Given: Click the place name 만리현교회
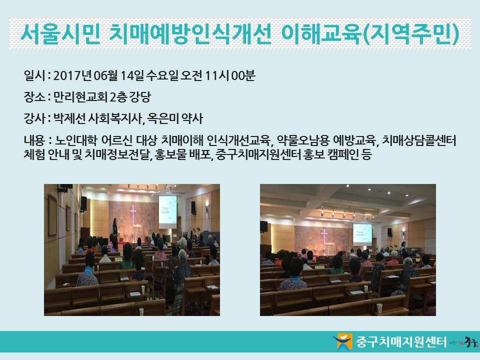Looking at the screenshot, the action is coord(80,97).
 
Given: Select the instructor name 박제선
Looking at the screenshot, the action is coord(69,118).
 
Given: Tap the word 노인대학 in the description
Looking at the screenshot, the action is coord(76,140).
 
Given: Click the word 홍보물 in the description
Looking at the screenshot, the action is coord(171,154).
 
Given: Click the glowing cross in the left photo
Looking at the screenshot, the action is coord(133,213).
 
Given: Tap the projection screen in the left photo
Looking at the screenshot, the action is coord(168,211).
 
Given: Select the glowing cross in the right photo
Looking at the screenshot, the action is coord(324,236).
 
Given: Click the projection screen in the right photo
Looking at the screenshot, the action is coord(362,234).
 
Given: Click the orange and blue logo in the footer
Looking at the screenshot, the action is coord(343,341).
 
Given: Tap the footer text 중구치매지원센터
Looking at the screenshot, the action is coord(401,341).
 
